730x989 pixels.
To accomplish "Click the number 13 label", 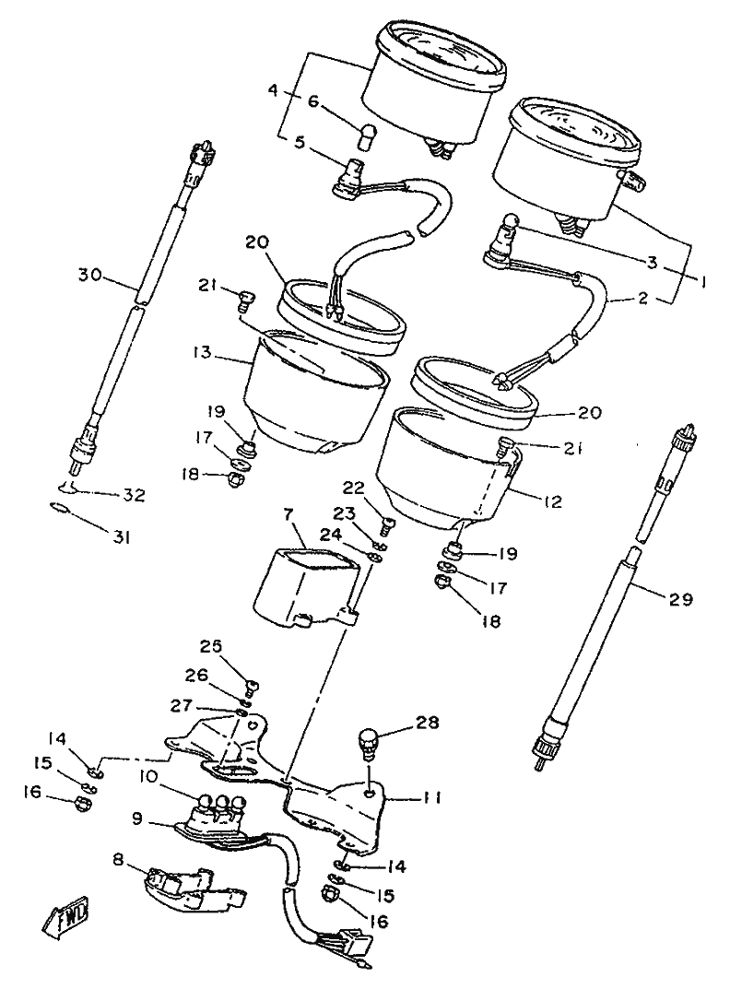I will [x=203, y=352].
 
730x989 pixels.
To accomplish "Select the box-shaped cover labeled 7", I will [x=304, y=585].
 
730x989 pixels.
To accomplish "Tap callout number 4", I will [x=273, y=91].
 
